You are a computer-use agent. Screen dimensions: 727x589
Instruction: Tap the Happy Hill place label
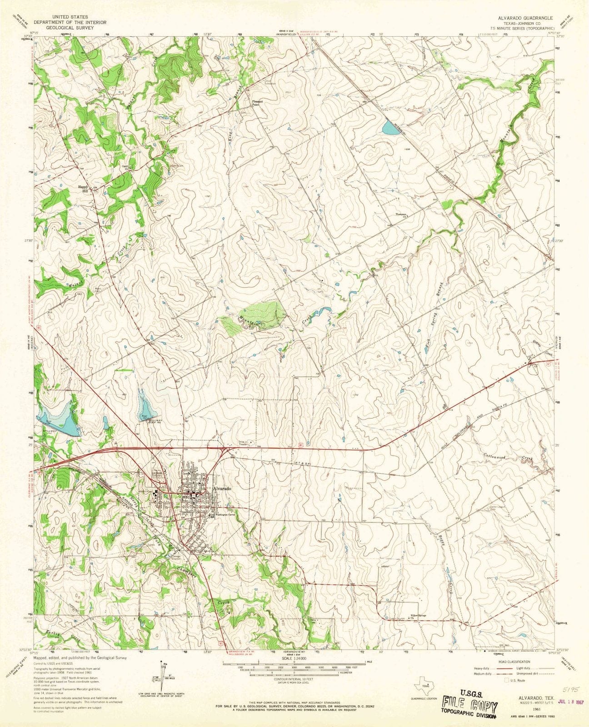(83, 188)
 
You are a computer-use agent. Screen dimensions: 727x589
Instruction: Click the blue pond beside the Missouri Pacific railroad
(390, 128)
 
